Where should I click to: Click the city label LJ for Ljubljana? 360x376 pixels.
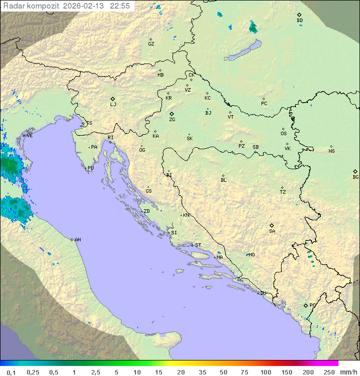click(113, 105)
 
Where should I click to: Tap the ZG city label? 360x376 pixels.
click(172, 120)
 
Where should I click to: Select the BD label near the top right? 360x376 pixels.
click(299, 21)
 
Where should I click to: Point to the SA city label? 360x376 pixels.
click(272, 231)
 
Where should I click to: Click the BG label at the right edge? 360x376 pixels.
click(355, 177)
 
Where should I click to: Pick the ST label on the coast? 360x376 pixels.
click(198, 245)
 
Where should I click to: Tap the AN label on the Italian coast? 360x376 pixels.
click(77, 240)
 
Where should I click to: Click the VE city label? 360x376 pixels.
click(29, 136)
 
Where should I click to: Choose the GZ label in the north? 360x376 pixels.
click(151, 44)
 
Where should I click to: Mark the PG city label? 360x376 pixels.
click(312, 305)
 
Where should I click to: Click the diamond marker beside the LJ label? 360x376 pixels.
click(113, 99)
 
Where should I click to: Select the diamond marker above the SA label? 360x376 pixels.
click(272, 225)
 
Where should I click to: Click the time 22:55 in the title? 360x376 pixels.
click(120, 6)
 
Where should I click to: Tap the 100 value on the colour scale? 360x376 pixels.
click(265, 372)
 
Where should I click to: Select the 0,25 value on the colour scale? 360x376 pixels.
click(33, 372)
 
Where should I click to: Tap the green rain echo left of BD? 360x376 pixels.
click(253, 27)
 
